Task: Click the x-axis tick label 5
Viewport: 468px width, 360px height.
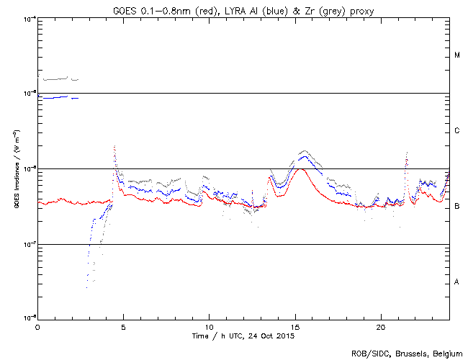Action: click(x=123, y=327)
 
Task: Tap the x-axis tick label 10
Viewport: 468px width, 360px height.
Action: click(x=209, y=327)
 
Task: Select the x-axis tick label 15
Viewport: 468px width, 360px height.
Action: click(x=295, y=327)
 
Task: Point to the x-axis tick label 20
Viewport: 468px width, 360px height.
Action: click(x=381, y=327)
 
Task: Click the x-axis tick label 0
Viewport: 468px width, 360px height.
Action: click(x=37, y=327)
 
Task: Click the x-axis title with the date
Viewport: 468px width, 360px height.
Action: click(x=243, y=336)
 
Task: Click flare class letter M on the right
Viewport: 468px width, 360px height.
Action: click(x=457, y=55)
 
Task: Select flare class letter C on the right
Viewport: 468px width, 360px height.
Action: click(x=457, y=131)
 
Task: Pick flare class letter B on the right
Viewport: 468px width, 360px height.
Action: click(x=457, y=207)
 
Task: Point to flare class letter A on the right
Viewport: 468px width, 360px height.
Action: click(x=457, y=282)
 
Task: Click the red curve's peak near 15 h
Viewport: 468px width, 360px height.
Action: click(x=300, y=169)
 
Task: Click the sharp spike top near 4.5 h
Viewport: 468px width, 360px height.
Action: click(x=114, y=146)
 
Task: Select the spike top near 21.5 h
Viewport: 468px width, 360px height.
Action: click(x=408, y=153)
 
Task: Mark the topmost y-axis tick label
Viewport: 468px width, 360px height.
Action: click(x=27, y=18)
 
